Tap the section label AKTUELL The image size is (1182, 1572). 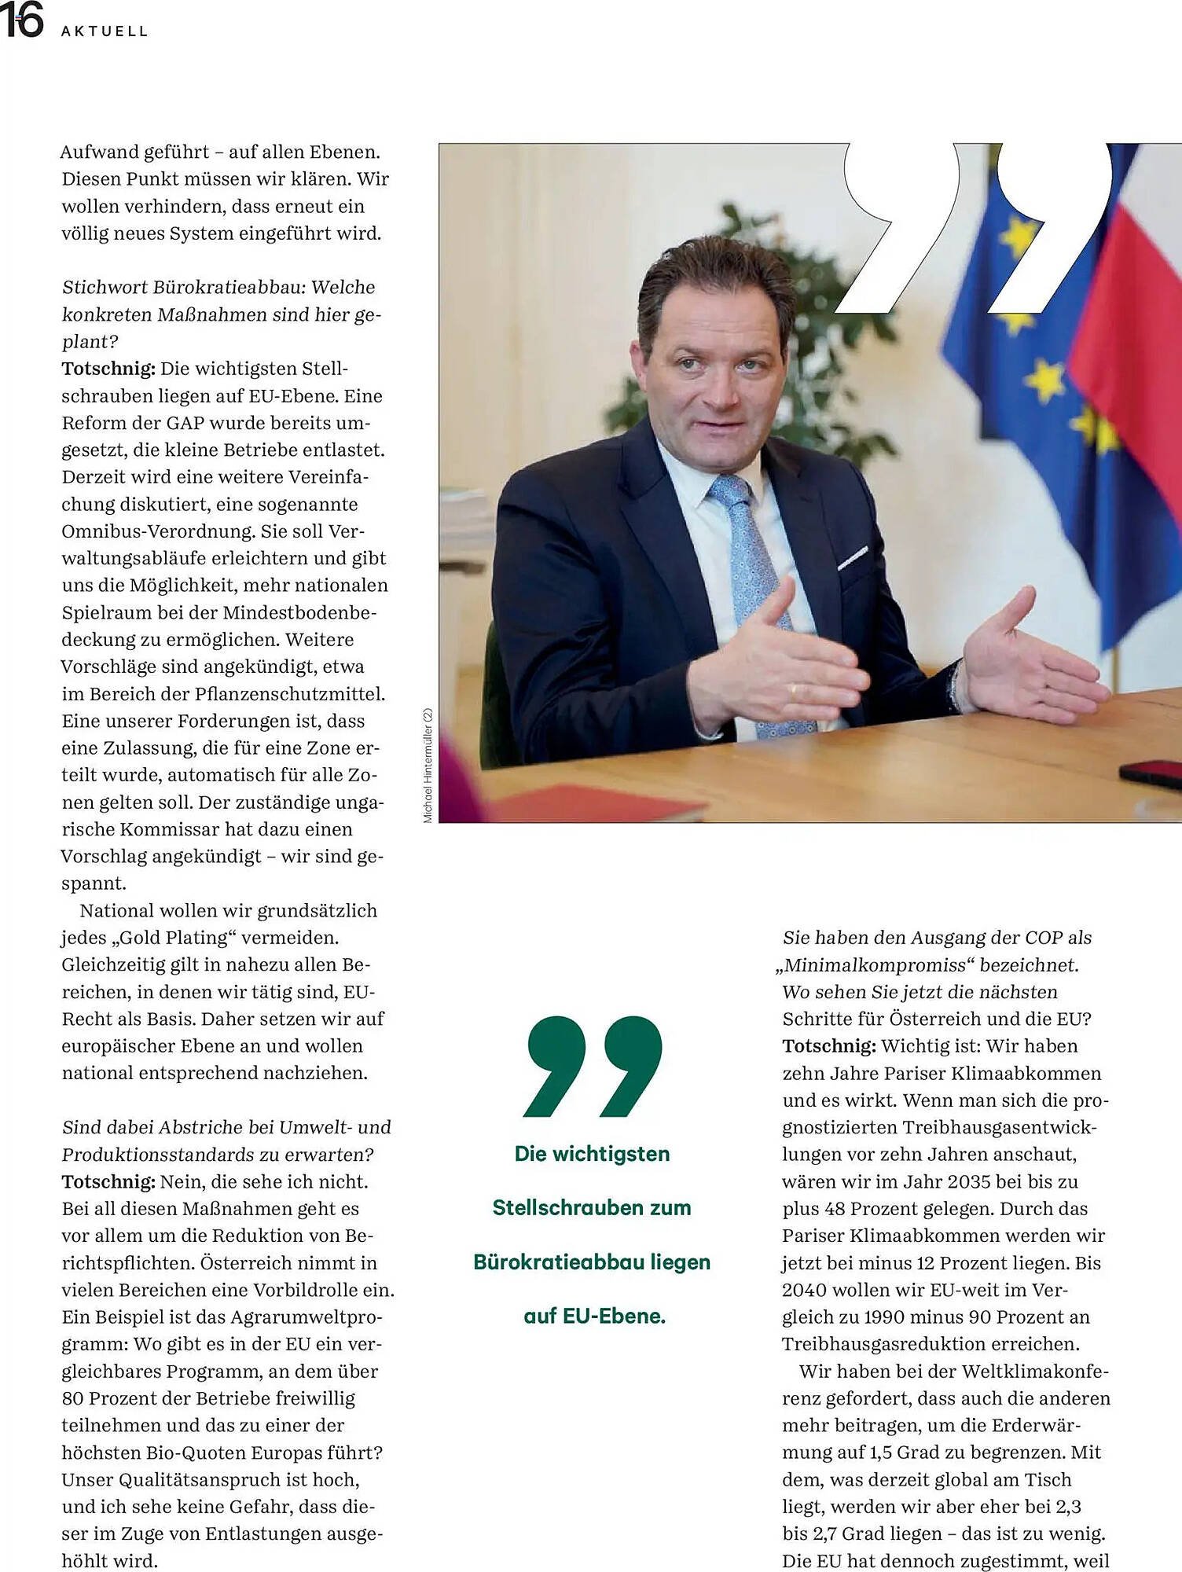pyautogui.click(x=105, y=31)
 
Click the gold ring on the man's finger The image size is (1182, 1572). pyautogui.click(x=793, y=692)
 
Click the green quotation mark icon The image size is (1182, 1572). pyautogui.click(x=593, y=1066)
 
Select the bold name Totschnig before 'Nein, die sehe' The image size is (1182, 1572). pyautogui.click(x=108, y=1181)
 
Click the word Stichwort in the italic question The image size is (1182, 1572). pyautogui.click(x=105, y=287)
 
